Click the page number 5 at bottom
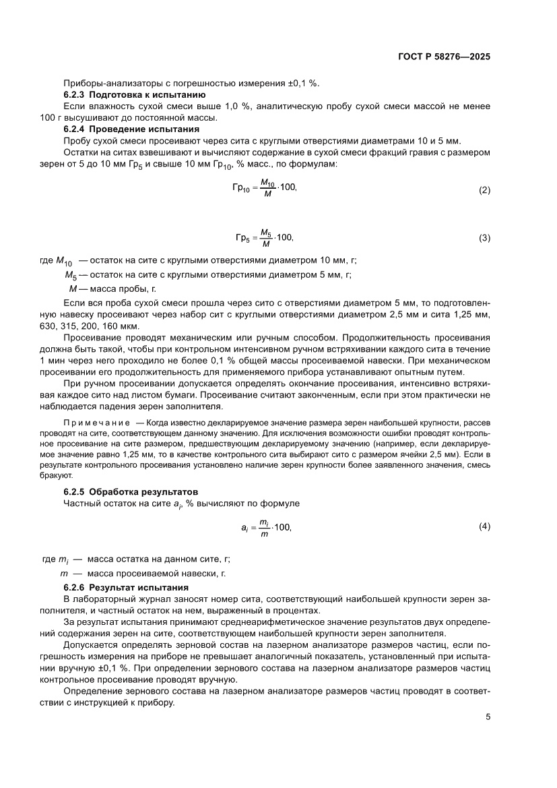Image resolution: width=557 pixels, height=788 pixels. pyautogui.click(x=488, y=717)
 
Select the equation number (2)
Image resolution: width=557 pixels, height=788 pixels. pyautogui.click(x=484, y=190)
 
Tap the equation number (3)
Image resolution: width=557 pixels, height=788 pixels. pyautogui.click(x=484, y=238)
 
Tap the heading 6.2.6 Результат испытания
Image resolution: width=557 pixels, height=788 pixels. pyautogui.click(x=129, y=588)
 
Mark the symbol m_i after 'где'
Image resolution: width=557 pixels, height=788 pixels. pyautogui.click(x=65, y=559)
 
